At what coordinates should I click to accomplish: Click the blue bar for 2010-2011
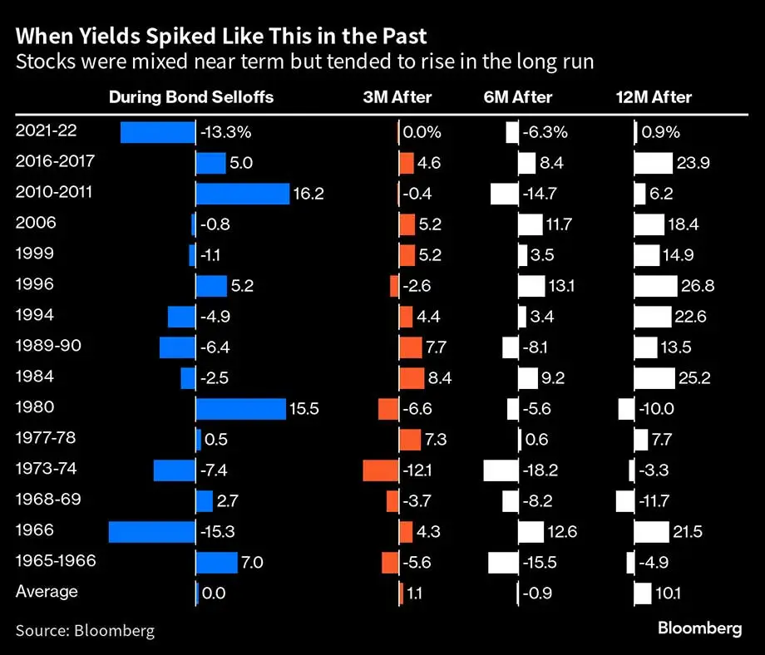(x=242, y=194)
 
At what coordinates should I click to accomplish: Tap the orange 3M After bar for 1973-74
(x=381, y=470)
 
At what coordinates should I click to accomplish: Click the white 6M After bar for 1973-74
(x=501, y=470)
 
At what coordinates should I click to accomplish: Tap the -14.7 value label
(x=544, y=194)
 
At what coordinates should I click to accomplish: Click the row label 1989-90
(x=48, y=346)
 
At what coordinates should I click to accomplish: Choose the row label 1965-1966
(x=56, y=561)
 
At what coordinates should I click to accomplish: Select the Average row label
(x=47, y=592)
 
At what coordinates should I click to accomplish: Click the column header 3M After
(x=397, y=97)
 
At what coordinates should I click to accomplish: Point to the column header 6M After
(x=518, y=97)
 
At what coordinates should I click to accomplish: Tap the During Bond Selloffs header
(x=191, y=97)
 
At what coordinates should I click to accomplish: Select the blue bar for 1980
(x=240, y=409)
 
